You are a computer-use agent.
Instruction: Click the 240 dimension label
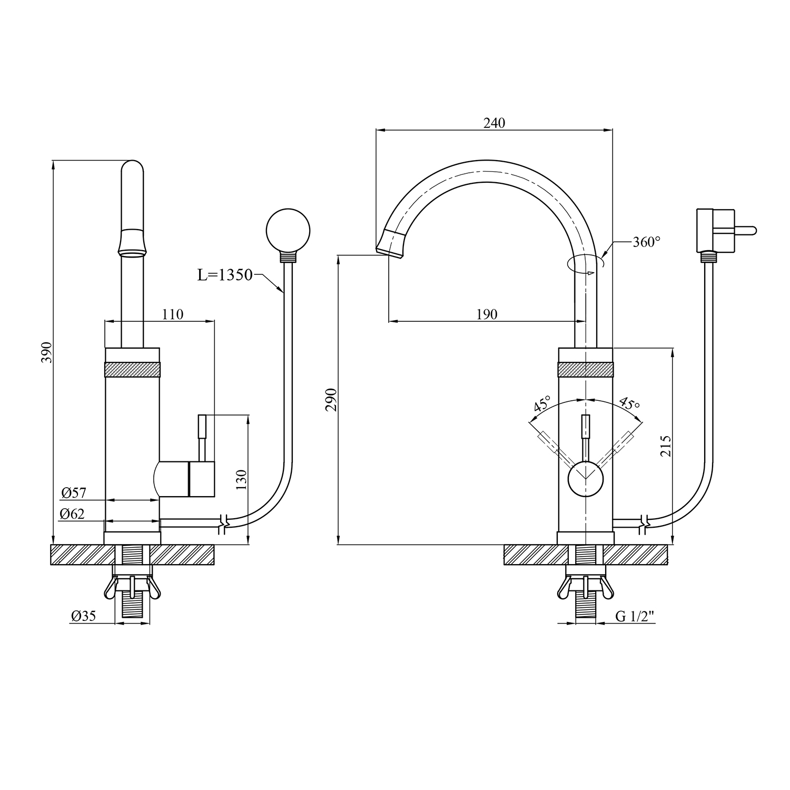[x=494, y=123]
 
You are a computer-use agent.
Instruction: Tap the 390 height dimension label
[x=47, y=352]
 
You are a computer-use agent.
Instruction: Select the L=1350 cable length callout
[x=225, y=275]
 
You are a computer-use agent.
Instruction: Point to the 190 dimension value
[x=487, y=314]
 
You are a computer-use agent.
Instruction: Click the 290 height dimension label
[x=331, y=400]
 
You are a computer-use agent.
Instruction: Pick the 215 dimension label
[x=666, y=446]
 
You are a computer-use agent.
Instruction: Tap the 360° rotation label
[x=646, y=242]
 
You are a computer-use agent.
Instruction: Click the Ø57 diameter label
[x=73, y=493]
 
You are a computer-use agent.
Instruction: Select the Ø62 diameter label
[x=72, y=514]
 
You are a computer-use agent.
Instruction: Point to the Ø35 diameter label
[x=84, y=616]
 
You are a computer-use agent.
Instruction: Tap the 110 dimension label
[x=173, y=314]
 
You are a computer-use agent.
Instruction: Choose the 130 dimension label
[x=241, y=480]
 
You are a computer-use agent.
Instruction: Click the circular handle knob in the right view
[x=586, y=478]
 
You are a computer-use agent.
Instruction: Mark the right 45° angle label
[x=629, y=404]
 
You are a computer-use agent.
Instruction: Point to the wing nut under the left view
[x=132, y=588]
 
